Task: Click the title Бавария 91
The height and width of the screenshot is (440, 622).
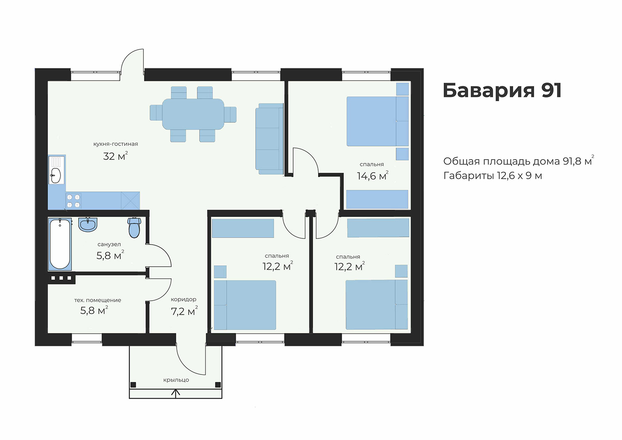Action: (502, 90)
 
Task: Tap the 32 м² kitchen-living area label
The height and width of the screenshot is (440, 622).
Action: (115, 156)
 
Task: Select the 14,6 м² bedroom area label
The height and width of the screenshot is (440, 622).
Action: (373, 176)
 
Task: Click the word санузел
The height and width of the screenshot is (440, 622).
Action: (109, 245)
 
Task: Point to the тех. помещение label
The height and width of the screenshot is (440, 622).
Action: (97, 300)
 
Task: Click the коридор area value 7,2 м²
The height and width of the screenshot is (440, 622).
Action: (185, 311)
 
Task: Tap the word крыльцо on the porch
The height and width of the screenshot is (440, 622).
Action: (176, 380)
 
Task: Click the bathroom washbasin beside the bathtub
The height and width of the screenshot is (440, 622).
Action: (88, 224)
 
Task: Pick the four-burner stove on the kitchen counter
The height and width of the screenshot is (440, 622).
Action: (73, 201)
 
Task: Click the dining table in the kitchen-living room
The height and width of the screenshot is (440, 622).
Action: (193, 114)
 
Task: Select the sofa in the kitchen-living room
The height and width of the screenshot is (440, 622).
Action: (270, 139)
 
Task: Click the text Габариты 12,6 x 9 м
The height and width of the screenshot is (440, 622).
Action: (493, 176)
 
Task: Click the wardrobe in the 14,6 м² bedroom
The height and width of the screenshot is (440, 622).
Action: (377, 199)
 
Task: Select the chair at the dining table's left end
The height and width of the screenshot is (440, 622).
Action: (156, 112)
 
